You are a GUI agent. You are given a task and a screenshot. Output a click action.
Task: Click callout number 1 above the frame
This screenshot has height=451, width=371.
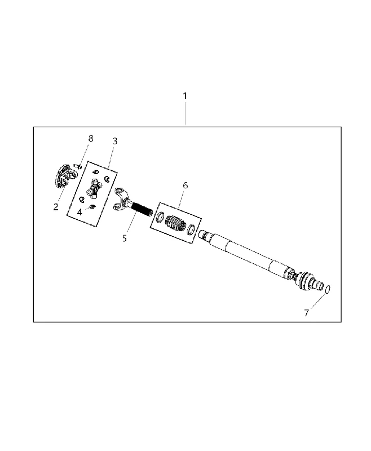(185, 96)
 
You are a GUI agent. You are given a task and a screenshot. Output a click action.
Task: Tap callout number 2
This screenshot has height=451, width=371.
(56, 207)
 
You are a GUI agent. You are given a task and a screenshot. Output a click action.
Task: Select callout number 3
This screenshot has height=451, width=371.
(115, 142)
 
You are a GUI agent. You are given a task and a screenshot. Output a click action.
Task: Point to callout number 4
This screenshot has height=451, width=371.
(79, 213)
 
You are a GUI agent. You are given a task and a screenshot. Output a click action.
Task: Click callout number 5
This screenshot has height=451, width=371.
(124, 238)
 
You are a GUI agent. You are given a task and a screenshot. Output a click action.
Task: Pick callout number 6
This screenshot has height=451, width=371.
(185, 185)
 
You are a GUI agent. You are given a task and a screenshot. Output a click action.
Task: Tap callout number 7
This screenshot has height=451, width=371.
(307, 313)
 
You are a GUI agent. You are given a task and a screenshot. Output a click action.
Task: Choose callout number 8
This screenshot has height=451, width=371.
(91, 139)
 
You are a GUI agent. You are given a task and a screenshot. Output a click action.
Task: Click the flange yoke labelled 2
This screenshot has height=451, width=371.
(65, 176)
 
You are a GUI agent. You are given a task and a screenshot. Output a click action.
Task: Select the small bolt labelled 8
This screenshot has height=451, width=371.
(78, 166)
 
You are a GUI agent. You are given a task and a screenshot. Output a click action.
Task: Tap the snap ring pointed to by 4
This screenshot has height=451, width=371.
(92, 206)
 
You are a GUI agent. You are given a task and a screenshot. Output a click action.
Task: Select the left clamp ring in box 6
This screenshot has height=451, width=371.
(161, 216)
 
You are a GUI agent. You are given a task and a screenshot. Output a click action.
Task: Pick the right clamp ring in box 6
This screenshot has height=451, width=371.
(191, 229)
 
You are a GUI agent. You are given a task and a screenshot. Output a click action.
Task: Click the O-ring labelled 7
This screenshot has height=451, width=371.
(328, 289)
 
